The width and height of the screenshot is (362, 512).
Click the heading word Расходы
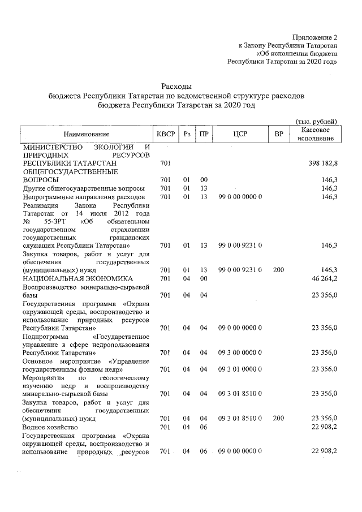pyautogui.click(x=176, y=87)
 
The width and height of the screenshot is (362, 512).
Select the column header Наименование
pyautogui.click(x=86, y=135)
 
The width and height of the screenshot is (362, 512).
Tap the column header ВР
pyautogui.click(x=278, y=135)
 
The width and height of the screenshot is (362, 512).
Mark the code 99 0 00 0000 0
pyautogui.click(x=240, y=196)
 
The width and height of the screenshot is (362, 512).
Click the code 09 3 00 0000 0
pyautogui.click(x=240, y=352)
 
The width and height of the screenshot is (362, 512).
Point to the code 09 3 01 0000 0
pyautogui.click(x=240, y=369)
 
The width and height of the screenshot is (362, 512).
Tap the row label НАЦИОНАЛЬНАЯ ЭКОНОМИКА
pyautogui.click(x=77, y=279)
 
